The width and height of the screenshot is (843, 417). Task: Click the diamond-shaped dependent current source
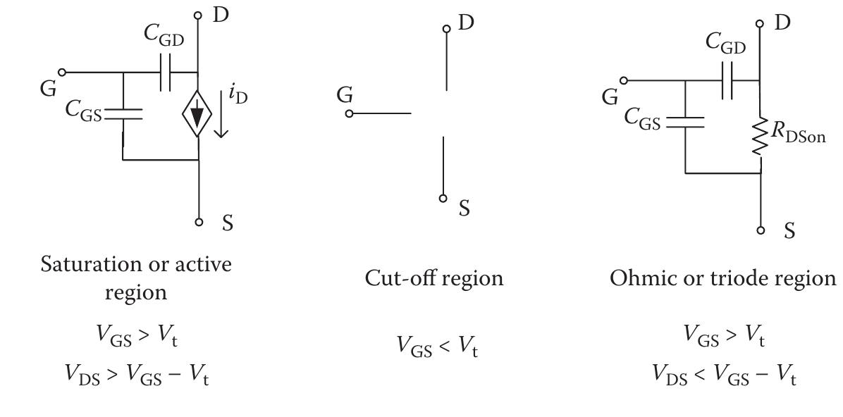pos(198,113)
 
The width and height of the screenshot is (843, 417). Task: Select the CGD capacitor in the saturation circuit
pos(166,72)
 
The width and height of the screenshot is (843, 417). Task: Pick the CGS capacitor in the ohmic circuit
pos(685,122)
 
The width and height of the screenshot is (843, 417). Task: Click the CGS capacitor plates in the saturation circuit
pos(123,113)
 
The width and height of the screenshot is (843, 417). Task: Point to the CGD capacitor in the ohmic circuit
pos(727,80)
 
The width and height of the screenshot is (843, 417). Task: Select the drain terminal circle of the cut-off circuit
pos(446,28)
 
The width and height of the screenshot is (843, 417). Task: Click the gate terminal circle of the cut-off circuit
pos(350,113)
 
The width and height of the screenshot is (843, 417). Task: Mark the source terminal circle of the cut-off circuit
pos(443,199)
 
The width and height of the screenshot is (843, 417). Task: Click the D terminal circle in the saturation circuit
pos(198,15)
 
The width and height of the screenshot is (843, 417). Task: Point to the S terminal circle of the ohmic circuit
pos(761,230)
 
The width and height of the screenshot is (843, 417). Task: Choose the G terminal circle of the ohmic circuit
pos(624,80)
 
